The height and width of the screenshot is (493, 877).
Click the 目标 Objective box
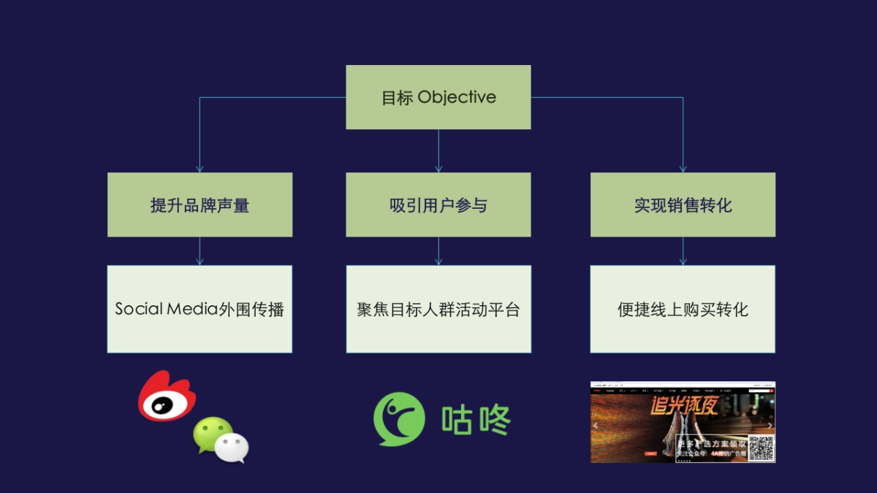click(438, 97)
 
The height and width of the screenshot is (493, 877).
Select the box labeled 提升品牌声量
click(200, 205)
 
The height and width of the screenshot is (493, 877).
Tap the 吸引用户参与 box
click(438, 205)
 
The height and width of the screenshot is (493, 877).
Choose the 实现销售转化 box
click(683, 205)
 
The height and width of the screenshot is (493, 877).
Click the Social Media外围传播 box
click(200, 309)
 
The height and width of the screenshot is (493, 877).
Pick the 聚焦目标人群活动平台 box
click(438, 309)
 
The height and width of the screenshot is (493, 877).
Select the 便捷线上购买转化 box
click(683, 309)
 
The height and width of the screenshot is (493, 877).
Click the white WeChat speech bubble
click(232, 447)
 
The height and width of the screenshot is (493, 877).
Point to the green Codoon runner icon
click(399, 419)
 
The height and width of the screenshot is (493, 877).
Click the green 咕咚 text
click(476, 419)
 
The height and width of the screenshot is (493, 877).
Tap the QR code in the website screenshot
click(761, 448)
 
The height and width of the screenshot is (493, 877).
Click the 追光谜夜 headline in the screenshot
click(684, 406)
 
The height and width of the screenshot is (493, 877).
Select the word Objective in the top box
click(457, 97)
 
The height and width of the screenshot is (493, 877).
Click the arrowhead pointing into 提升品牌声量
click(200, 169)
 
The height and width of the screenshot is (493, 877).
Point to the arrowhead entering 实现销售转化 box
click(683, 169)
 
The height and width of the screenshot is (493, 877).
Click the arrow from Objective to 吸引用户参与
click(438, 150)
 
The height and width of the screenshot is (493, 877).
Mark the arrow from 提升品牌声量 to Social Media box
click(200, 251)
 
